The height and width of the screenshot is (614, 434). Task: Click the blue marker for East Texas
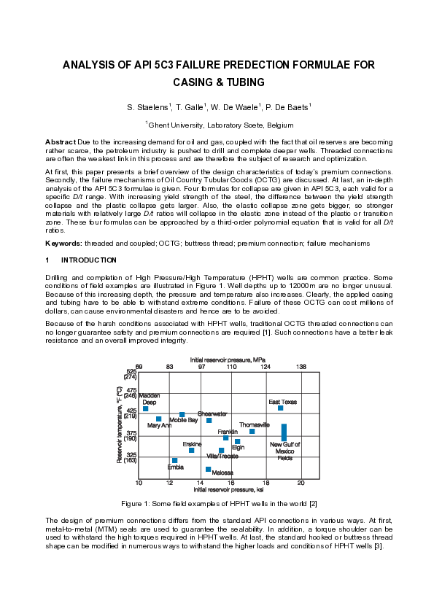pos(281,408)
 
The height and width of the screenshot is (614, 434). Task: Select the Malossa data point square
pos(208,469)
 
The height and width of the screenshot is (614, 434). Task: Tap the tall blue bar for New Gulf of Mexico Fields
pos(284,432)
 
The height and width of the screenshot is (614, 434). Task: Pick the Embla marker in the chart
pos(174,460)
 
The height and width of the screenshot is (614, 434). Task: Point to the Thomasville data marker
pos(252,431)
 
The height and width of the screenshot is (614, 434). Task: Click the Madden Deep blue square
pos(145,408)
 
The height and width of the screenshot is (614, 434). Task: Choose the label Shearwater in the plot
pos(212,413)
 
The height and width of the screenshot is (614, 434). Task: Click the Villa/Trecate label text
pos(222,456)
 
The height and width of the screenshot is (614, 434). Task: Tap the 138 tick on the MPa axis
pos(300,366)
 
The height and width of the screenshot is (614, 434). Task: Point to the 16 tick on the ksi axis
pos(231,483)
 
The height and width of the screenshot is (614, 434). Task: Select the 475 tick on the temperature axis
pos(131,390)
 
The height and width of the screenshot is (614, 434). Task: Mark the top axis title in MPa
pos(218,360)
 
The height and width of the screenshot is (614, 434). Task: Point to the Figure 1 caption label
pos(139,504)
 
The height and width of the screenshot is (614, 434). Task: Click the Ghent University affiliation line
pos(217,125)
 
